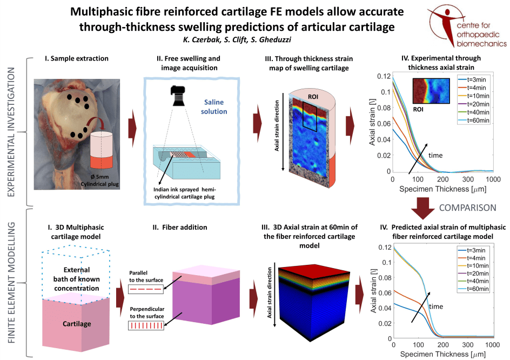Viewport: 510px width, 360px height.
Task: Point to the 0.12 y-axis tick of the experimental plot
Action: click(x=384, y=75)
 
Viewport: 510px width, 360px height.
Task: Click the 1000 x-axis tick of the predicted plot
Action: click(x=493, y=345)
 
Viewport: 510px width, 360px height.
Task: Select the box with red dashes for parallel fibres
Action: click(x=145, y=290)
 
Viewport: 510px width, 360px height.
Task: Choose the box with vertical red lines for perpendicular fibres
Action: click(x=145, y=325)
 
